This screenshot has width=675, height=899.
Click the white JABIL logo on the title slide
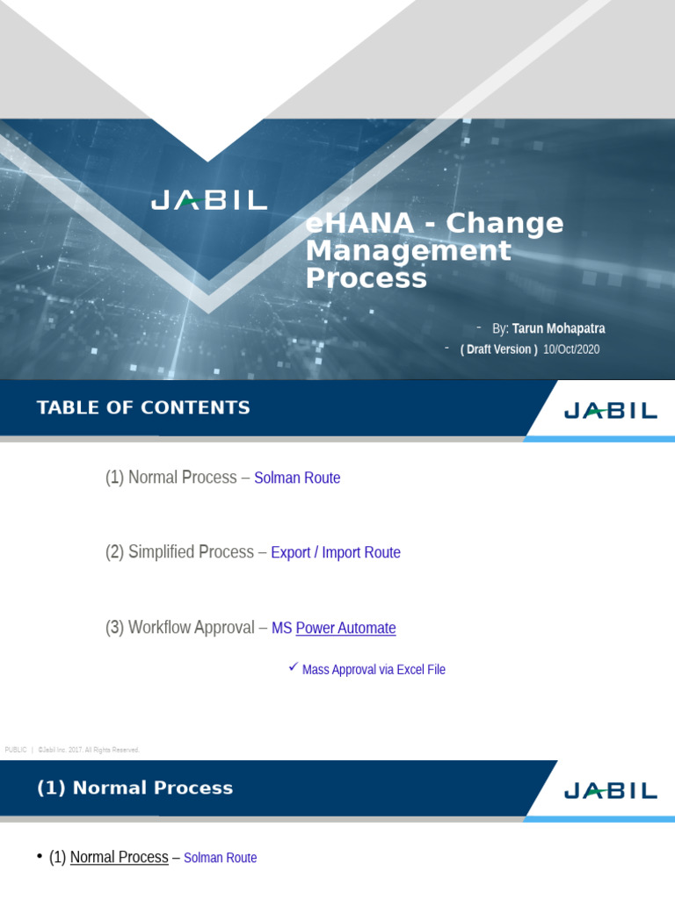coord(208,200)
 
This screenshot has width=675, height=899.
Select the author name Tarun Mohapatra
coord(558,328)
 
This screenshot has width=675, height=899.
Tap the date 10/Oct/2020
coord(571,349)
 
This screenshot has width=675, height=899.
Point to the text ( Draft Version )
coord(498,349)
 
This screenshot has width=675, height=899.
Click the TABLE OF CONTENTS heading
coord(143,407)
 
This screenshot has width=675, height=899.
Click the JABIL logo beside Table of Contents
coord(610,410)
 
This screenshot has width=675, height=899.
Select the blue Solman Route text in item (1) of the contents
coord(297,478)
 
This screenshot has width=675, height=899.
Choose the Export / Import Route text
coord(336,553)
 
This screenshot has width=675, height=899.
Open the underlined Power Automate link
coord(345,629)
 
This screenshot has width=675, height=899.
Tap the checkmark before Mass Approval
coord(294,668)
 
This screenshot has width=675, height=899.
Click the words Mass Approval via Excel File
coord(374,670)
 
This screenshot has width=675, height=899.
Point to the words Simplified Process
coord(191,552)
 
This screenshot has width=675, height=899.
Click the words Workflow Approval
coord(191,628)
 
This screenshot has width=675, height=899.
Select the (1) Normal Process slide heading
coord(134,788)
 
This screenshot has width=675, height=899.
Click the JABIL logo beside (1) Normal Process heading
coord(610,790)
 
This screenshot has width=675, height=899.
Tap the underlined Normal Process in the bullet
coord(119,858)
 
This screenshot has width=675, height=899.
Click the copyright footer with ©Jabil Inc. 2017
coord(88,750)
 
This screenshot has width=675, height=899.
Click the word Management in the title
coord(408,251)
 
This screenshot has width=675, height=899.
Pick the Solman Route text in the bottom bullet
coord(220,858)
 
